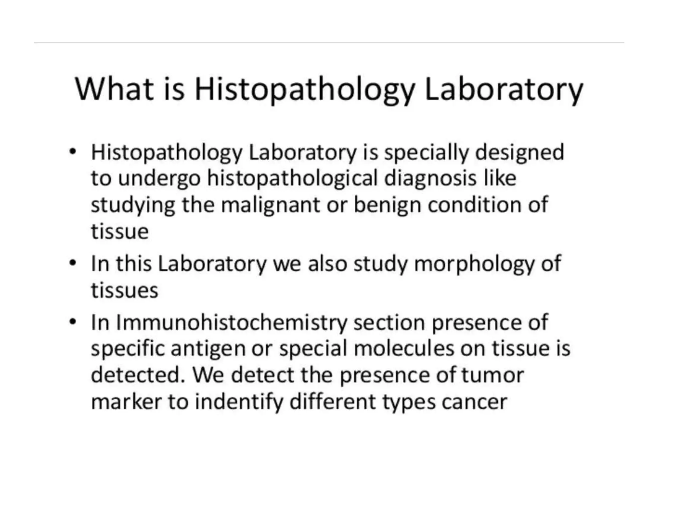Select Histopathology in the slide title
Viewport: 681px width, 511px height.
305,90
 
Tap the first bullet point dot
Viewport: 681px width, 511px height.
73,152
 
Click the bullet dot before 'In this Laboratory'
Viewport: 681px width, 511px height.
73,263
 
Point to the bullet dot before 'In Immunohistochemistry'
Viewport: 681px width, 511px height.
73,322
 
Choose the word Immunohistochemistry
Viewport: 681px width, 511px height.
231,323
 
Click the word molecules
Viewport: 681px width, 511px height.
404,349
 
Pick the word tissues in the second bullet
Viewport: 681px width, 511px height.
124,290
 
